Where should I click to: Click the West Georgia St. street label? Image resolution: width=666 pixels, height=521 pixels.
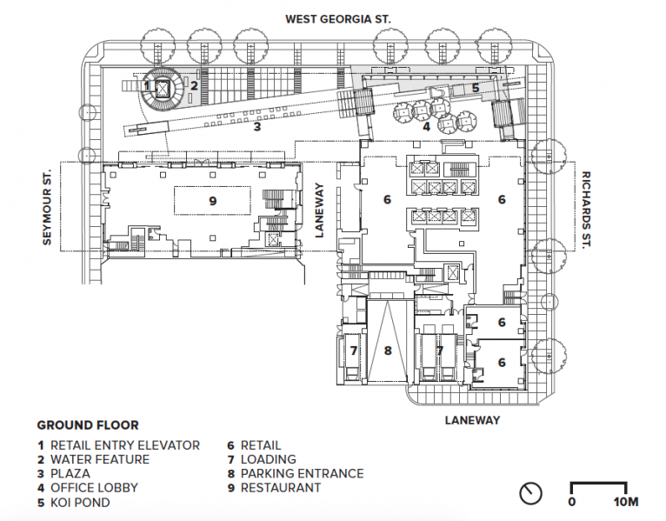(x=337, y=19)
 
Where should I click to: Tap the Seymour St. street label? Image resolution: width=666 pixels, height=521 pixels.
(x=47, y=207)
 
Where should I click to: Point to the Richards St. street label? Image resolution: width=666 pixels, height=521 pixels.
(x=586, y=210)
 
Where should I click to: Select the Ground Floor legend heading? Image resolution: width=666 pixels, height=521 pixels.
(x=88, y=425)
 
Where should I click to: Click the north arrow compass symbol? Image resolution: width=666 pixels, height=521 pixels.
(x=530, y=494)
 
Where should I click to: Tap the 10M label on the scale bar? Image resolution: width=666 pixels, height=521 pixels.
(x=626, y=502)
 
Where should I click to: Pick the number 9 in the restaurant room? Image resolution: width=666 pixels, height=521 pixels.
(x=213, y=201)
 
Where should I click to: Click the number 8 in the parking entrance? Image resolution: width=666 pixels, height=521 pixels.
(x=388, y=351)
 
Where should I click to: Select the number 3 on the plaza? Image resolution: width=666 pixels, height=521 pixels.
(x=257, y=126)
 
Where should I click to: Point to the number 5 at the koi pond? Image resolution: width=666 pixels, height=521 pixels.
(x=476, y=88)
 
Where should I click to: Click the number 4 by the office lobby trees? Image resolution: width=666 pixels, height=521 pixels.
(x=426, y=127)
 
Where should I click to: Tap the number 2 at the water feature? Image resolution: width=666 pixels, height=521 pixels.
(x=194, y=86)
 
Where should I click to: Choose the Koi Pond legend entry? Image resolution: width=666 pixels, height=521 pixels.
(x=74, y=503)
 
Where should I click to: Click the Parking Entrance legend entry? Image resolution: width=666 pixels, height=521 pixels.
(x=296, y=473)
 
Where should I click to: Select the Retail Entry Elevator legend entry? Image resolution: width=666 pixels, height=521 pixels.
(x=118, y=445)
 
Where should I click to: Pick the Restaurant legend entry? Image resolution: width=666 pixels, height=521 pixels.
(x=274, y=487)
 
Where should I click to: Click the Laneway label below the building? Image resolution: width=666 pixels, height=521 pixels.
(x=472, y=420)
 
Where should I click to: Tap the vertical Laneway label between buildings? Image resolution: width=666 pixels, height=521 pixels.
(x=319, y=210)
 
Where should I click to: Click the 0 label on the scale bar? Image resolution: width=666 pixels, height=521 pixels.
(x=572, y=502)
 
